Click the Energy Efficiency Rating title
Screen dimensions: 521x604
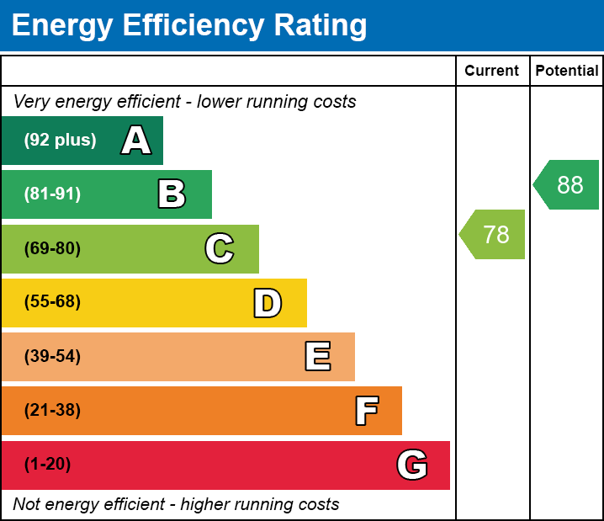189,26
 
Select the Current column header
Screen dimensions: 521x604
492,72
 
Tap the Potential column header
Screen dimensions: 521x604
567,72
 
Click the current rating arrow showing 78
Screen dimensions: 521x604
494,234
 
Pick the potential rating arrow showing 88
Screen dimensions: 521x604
568,184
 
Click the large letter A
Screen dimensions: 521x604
136,141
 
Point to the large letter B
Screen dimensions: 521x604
172,194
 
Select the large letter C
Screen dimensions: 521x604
220,249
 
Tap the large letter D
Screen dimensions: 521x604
268,303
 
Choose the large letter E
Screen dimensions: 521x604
317,357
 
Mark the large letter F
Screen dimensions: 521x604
366,411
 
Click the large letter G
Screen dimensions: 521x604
412,465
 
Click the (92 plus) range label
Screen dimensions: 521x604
60,141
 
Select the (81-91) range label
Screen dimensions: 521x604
52,194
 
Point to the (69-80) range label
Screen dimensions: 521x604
52,249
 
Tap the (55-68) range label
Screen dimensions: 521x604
52,302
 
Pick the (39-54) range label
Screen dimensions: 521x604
52,357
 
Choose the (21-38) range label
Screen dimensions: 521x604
52,411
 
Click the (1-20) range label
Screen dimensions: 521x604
47,465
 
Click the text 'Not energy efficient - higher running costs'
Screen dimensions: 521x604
176,505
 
